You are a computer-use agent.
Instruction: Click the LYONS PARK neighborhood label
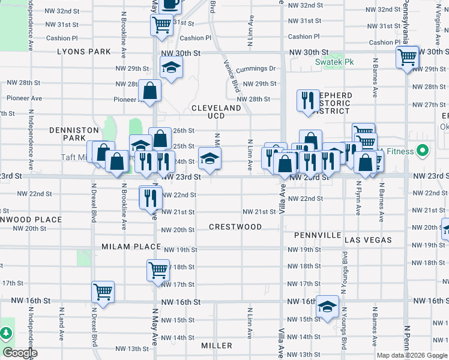point(84,52)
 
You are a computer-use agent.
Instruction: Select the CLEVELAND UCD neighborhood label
point(216,112)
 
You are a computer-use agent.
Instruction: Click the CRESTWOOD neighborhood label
point(235,227)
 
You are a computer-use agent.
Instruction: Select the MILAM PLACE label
point(131,247)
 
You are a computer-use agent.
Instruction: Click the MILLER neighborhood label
point(217,346)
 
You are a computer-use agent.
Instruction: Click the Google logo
point(20,353)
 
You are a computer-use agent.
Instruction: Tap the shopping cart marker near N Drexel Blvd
point(103,293)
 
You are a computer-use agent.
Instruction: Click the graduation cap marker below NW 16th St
point(327,307)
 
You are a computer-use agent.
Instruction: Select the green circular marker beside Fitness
point(423,151)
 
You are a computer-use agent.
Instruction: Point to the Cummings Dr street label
point(255,69)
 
